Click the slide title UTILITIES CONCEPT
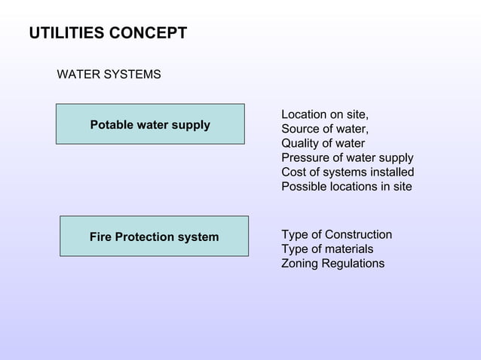pyautogui.click(x=108, y=34)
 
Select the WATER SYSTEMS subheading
pyautogui.click(x=109, y=75)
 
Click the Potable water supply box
pyautogui.click(x=150, y=124)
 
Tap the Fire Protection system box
pyautogui.click(x=154, y=237)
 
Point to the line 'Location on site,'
pyautogui.click(x=325, y=114)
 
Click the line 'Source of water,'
pyautogui.click(x=325, y=129)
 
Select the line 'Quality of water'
pyautogui.click(x=323, y=143)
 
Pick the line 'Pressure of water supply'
pyautogui.click(x=347, y=157)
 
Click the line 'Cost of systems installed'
pyautogui.click(x=347, y=172)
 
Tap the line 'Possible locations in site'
pyautogui.click(x=346, y=186)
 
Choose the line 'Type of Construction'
pyautogui.click(x=336, y=235)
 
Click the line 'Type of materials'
pyautogui.click(x=327, y=249)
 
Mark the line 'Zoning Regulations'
pyautogui.click(x=332, y=264)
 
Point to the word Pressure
pyautogui.click(x=305, y=157)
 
